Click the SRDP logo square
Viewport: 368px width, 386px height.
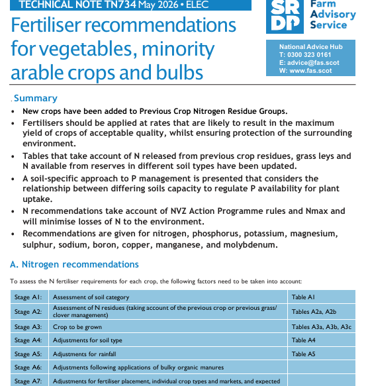[285, 17]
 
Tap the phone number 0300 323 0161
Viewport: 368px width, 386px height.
[309, 55]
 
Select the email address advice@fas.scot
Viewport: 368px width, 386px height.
[313, 63]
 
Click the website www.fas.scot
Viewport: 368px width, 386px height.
[310, 71]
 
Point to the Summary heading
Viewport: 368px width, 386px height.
[36, 98]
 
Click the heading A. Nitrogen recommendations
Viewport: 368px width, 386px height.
[74, 264]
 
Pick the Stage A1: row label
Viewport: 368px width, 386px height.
[28, 297]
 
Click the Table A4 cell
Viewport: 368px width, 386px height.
[304, 340]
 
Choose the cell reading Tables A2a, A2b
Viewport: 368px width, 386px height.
[314, 311]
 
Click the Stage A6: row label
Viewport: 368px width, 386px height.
[28, 367]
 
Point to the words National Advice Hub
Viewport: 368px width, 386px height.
[311, 47]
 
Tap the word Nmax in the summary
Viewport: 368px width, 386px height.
[317, 211]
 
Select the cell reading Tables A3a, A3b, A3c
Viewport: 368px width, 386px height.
[322, 327]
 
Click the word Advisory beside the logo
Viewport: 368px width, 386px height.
[333, 15]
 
